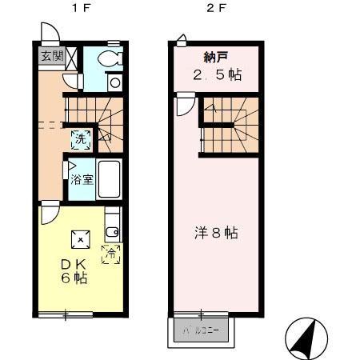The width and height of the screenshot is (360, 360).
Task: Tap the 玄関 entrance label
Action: pos(50,56)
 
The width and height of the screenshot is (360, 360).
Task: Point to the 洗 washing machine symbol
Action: pos(79,138)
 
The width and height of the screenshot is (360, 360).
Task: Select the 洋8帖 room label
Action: pos(215,234)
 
